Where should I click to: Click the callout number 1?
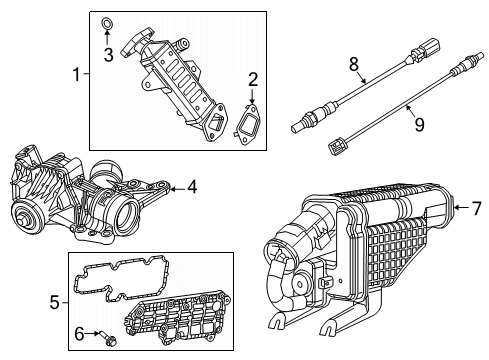[x=75, y=74]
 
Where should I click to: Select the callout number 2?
[x=253, y=78]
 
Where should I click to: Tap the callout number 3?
[x=108, y=53]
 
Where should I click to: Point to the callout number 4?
[x=192, y=185]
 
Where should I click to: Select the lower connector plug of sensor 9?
[x=337, y=151]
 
